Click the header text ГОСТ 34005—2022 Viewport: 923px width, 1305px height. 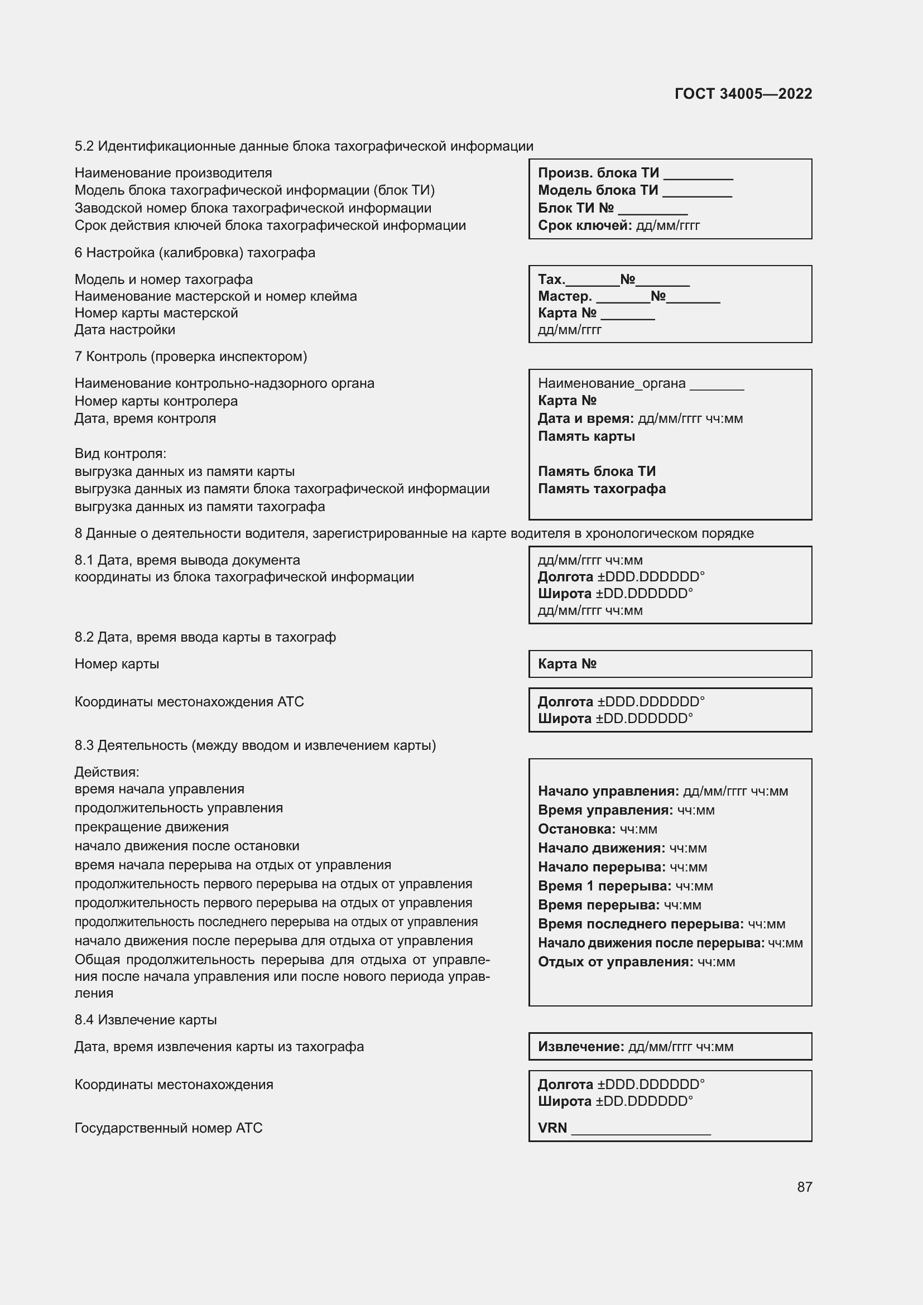(743, 94)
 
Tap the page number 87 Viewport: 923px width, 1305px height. (804, 1187)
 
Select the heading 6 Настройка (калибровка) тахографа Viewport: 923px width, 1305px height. (194, 252)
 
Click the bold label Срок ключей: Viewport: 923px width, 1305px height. (585, 225)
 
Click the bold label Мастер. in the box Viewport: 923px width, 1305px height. (565, 296)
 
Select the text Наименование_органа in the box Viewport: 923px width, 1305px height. (612, 383)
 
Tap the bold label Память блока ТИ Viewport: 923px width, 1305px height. (597, 471)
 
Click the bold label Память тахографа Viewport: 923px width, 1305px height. (602, 489)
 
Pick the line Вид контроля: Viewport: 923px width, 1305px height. (121, 454)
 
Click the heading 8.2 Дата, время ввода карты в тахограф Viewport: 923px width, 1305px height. (205, 637)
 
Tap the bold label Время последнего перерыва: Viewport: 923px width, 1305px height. (641, 923)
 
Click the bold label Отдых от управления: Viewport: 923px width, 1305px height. (616, 962)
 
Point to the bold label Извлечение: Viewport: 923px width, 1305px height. (581, 1046)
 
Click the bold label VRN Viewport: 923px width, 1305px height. (552, 1128)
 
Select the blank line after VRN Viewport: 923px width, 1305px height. (641, 1130)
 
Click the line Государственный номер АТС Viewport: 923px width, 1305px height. (168, 1128)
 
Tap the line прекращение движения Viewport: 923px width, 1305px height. (151, 827)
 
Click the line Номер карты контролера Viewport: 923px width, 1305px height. (156, 401)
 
